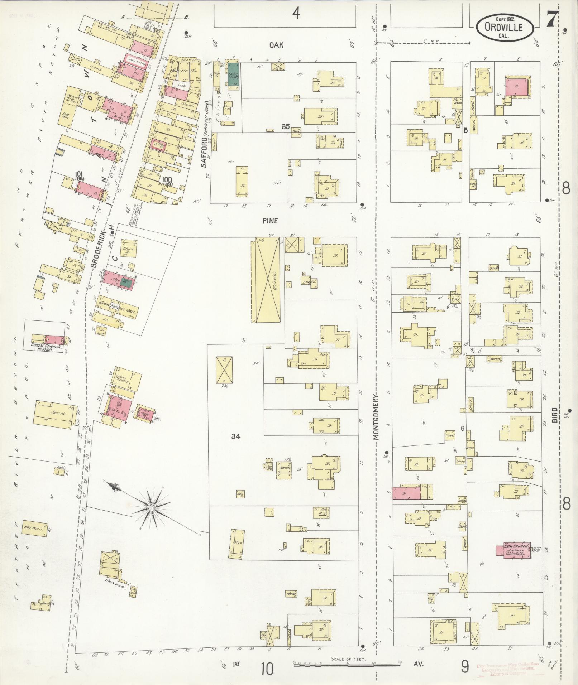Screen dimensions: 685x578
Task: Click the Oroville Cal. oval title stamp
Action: tap(505, 27)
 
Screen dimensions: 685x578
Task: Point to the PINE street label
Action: tap(270, 221)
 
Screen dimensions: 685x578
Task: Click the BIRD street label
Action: tap(555, 415)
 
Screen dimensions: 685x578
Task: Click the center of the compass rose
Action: tap(152, 508)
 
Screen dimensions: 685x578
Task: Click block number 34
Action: tap(235, 436)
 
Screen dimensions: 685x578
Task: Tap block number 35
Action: tap(285, 126)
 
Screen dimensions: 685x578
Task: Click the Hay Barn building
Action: tap(34, 529)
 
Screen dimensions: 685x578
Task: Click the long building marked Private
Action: tap(266, 279)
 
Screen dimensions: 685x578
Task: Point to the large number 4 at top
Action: tap(296, 13)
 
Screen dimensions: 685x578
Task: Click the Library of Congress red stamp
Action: tap(508, 669)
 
